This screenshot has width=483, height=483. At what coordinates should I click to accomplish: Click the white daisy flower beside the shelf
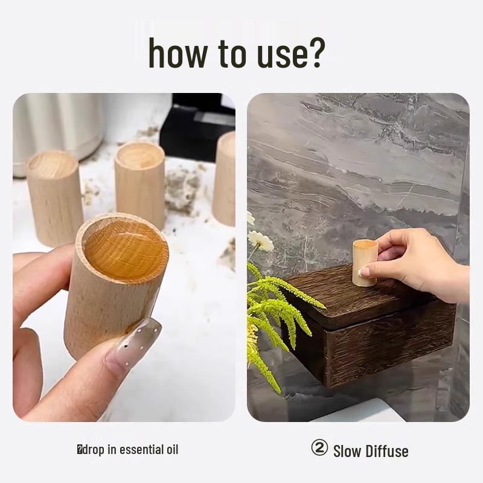click(x=261, y=241)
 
